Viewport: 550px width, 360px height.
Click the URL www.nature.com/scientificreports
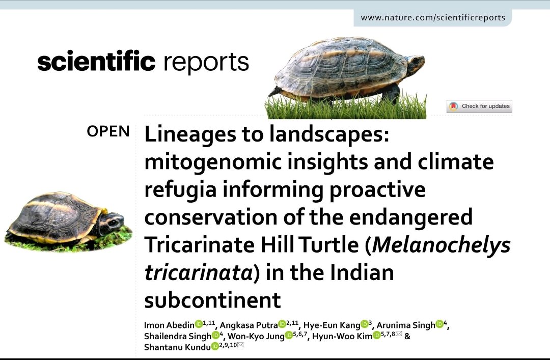[x=433, y=17]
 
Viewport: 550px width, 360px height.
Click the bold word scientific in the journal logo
[x=96, y=62]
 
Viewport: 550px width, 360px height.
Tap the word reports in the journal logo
[x=206, y=63]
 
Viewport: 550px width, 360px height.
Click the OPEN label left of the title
[x=108, y=131]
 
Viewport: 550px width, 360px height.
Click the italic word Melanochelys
[x=441, y=245]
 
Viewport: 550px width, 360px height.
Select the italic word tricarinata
[x=198, y=273]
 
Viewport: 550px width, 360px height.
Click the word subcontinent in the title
[x=212, y=300]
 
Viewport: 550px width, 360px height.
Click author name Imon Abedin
[x=169, y=325]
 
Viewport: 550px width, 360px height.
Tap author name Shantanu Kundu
[x=177, y=347]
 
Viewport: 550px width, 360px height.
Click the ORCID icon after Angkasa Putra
[x=282, y=324]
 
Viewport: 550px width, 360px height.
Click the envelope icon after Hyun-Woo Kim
[x=399, y=334]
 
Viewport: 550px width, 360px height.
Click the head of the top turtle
[x=415, y=63]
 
